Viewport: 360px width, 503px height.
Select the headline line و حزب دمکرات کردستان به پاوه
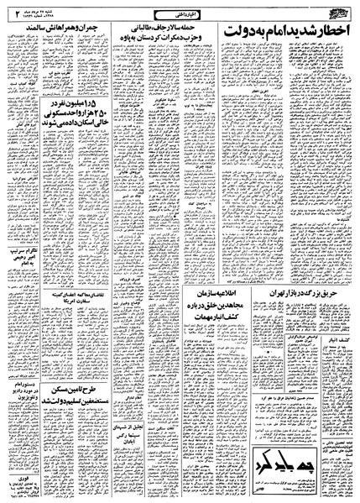141,39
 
